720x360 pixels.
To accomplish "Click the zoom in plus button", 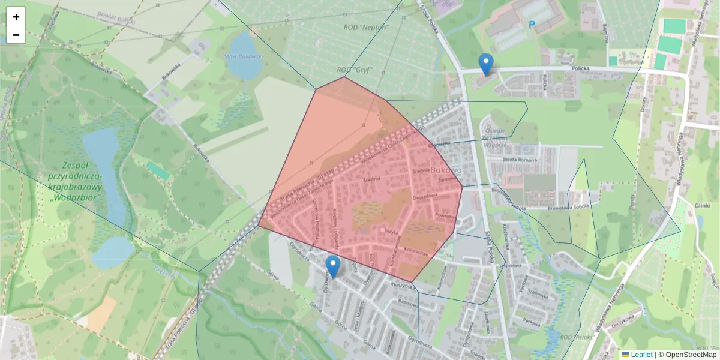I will coord(16,17).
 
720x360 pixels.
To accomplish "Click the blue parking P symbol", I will coord(531,25).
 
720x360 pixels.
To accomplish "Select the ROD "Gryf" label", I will coord(354,70).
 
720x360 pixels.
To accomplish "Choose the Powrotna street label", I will coord(446,215).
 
